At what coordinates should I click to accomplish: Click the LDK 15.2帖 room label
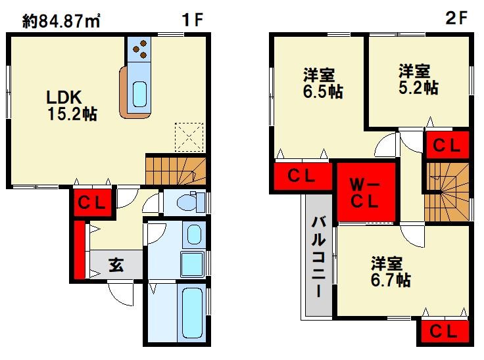pos(71,105)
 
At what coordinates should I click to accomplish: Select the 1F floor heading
pos(193,20)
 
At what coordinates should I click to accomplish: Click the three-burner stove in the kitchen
pos(140,48)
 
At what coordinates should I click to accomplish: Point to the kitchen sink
pos(139,93)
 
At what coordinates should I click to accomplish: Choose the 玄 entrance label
pos(116,266)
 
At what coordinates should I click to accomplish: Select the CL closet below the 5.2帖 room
pos(447,145)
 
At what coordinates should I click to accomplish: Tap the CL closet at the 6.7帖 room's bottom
pos(444,332)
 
